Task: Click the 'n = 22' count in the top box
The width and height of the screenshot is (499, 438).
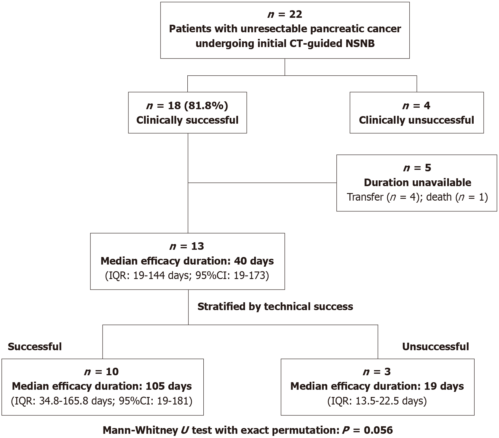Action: tap(285, 14)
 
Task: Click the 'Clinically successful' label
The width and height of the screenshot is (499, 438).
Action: tap(187, 120)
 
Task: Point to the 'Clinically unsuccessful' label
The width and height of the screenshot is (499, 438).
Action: tap(417, 120)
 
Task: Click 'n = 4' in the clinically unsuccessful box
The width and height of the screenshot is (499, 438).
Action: tap(416, 106)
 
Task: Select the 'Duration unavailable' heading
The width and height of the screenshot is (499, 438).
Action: tap(418, 182)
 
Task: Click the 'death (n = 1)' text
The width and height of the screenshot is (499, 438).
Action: tap(457, 197)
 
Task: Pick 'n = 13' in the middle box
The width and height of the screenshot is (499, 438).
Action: tap(187, 246)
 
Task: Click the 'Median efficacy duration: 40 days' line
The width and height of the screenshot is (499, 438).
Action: tap(187, 261)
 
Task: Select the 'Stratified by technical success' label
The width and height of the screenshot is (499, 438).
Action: tap(275, 306)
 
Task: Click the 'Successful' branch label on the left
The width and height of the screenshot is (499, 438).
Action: tap(35, 347)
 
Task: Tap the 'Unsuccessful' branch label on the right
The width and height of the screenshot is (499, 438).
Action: tap(436, 347)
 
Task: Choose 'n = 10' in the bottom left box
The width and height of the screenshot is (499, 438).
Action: tap(102, 372)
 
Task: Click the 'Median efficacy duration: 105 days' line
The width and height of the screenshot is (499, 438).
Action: tap(102, 386)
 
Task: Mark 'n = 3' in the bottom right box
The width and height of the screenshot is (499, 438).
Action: tap(377, 372)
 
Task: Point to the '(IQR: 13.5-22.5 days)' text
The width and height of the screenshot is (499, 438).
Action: tap(377, 401)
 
